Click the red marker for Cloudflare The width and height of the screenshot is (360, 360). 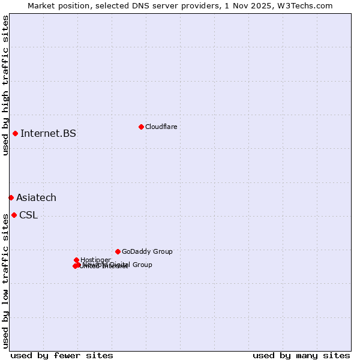pyautogui.click(x=141, y=127)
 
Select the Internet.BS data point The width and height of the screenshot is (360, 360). pyautogui.click(x=15, y=133)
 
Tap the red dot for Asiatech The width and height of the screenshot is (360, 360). pyautogui.click(x=11, y=197)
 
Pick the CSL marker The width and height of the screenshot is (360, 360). pyautogui.click(x=14, y=215)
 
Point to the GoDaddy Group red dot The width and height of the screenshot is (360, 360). pyautogui.click(x=118, y=251)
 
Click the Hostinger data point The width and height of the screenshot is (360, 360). pyautogui.click(x=76, y=260)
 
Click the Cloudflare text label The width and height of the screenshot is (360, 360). pyautogui.click(x=161, y=127)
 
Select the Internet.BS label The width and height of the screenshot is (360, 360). pyautogui.click(x=48, y=133)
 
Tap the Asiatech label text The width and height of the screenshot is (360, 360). pyautogui.click(x=36, y=197)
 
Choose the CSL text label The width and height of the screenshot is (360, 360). pyautogui.click(x=28, y=215)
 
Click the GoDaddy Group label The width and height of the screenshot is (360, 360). pyautogui.click(x=147, y=251)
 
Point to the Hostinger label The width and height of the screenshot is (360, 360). pyautogui.click(x=95, y=260)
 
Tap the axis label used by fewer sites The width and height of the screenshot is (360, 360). pyautogui.click(x=62, y=355)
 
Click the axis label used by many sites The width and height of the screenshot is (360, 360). pyautogui.click(x=301, y=355)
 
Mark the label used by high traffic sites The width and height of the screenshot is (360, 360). pyautogui.click(x=5, y=85)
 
